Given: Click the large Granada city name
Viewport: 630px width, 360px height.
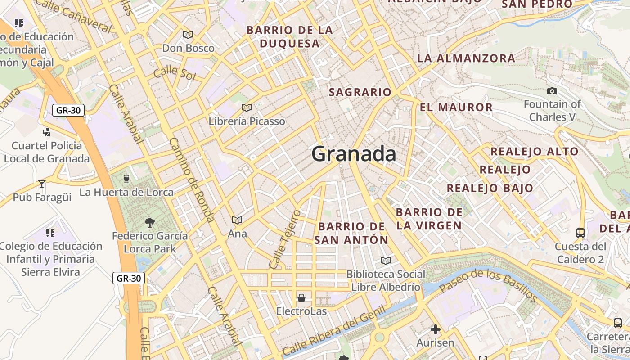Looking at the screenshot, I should point(354,154).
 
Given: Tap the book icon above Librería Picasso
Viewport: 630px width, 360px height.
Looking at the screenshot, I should point(246,108).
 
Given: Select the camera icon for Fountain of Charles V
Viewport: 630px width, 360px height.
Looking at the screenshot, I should point(552,91).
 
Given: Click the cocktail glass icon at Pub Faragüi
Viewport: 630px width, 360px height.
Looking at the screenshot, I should point(42,184).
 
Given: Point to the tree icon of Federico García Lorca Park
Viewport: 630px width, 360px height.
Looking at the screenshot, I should point(149,222).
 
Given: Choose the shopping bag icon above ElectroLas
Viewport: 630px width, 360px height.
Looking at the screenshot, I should point(301,298).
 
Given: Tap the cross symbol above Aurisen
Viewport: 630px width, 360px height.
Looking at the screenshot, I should point(435,329).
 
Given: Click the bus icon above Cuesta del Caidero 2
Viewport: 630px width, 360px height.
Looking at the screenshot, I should point(580,233).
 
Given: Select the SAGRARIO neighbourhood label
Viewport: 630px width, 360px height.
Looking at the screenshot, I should point(360,92).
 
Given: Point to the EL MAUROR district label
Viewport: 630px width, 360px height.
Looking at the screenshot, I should point(456,108).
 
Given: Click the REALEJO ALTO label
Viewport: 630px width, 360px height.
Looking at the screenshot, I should point(534,152).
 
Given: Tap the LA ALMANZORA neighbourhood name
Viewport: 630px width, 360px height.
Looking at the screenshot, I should point(466,58).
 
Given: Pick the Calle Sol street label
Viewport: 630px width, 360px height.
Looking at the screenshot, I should point(175,73).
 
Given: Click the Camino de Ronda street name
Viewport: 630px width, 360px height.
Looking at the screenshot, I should point(191,180).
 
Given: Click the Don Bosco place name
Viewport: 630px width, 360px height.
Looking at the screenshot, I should point(188,48).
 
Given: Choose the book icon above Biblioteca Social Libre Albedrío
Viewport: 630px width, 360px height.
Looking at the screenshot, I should point(386,261).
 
